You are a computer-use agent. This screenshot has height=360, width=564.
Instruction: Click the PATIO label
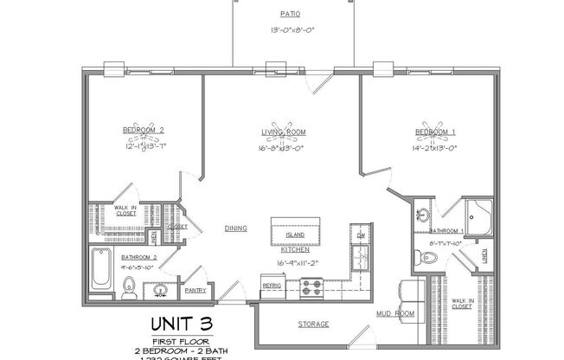click(291, 15)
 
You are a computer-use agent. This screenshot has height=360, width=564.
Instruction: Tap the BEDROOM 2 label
click(143, 131)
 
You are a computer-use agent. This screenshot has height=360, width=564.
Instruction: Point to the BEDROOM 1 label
click(434, 131)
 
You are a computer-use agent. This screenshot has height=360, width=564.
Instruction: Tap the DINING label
click(236, 228)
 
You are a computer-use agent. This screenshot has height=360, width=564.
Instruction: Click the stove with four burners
click(311, 287)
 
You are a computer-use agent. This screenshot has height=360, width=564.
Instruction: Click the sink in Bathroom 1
click(422, 215)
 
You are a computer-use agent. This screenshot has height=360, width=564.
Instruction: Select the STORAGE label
click(314, 324)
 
